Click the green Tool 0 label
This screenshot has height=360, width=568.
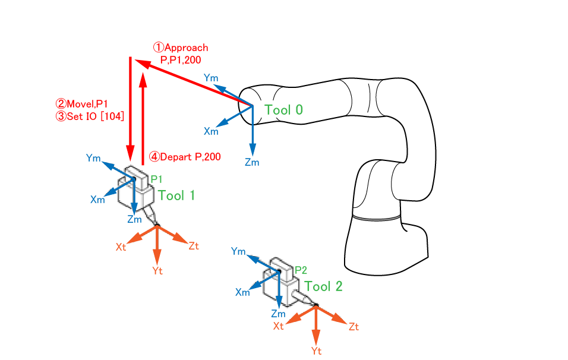[x=284, y=109]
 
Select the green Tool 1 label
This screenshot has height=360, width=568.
[x=176, y=195]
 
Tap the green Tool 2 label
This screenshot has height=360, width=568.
[x=323, y=286]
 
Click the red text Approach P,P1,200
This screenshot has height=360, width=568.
[x=181, y=53]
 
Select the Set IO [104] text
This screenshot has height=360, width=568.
[x=90, y=116]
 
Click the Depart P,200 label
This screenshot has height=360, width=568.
[x=185, y=157]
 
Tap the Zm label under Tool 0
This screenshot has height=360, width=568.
[x=253, y=163]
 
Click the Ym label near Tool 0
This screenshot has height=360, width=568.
[x=211, y=78]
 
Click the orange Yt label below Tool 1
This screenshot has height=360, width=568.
[x=157, y=270]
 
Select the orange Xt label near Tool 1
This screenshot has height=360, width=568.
[x=121, y=247]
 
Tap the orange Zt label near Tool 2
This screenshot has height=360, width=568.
[x=354, y=326]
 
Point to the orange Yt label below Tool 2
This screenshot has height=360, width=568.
[x=316, y=350]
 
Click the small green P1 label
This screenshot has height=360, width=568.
[x=156, y=178]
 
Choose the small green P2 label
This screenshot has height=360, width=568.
[x=301, y=270]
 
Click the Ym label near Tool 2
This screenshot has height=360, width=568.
[x=238, y=252]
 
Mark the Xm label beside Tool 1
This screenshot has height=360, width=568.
[x=97, y=200]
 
